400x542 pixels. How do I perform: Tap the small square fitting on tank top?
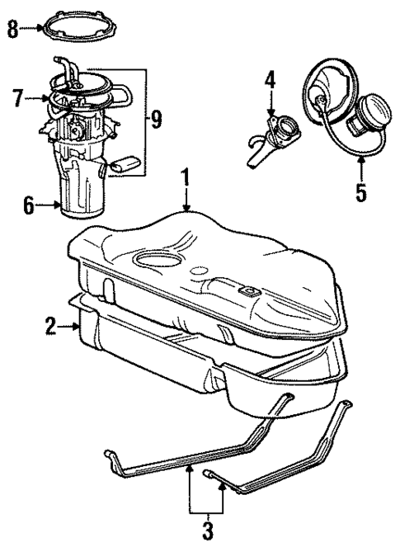245,290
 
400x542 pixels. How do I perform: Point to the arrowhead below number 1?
188,206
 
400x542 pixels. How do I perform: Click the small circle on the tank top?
198,270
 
